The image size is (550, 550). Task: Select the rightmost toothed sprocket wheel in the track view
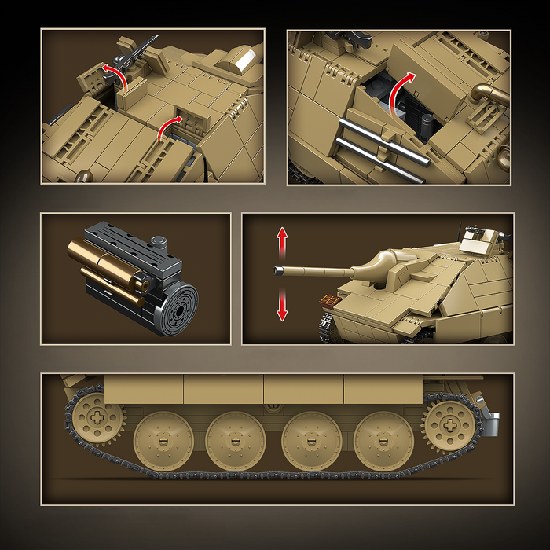(x=448, y=422)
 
